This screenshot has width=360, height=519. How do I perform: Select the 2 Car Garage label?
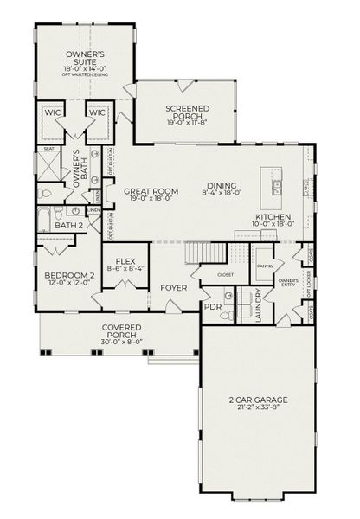(259, 400)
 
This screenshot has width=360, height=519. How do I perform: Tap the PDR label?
(212, 307)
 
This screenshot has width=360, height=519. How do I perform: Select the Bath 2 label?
(67, 225)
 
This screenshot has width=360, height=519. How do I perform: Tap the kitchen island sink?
(278, 184)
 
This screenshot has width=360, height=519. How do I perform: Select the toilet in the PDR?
(223, 317)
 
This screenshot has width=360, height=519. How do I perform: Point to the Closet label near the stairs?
(226, 274)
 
